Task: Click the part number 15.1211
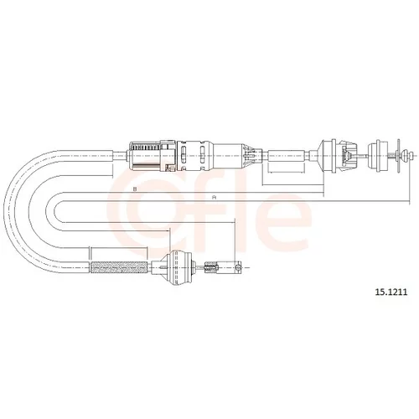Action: pyautogui.click(x=391, y=292)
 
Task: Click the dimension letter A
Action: pyautogui.click(x=215, y=198)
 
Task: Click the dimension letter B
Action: pyautogui.click(x=135, y=189)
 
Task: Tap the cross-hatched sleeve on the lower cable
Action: pyautogui.click(x=119, y=267)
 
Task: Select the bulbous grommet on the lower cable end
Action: pyautogui.click(x=177, y=267)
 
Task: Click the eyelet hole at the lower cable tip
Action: pyautogui.click(x=237, y=267)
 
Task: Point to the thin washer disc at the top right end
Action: pyautogui.click(x=398, y=155)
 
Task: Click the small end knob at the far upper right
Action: pyautogui.click(x=411, y=155)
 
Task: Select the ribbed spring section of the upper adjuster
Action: pyautogui.click(x=145, y=155)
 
